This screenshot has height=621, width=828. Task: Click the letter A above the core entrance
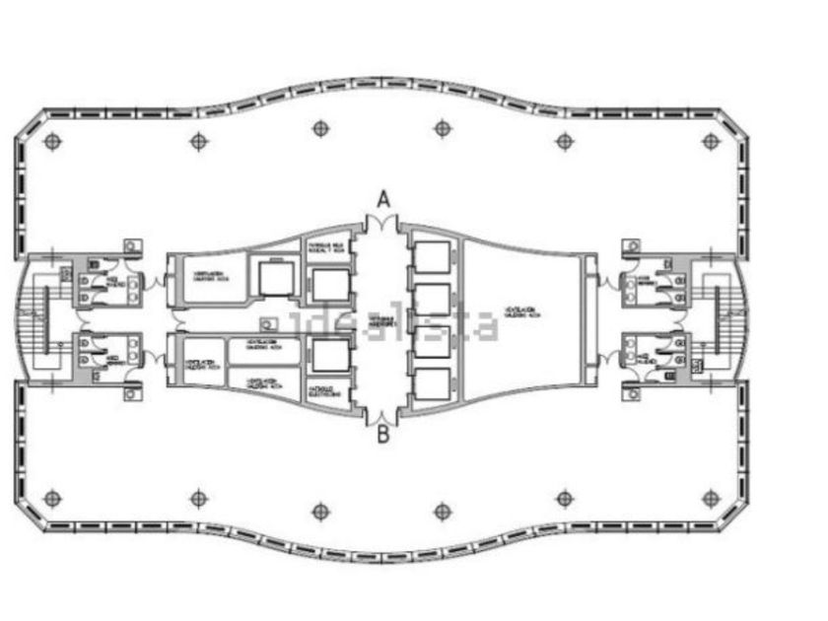(383, 199)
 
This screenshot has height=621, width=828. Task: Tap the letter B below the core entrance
(383, 435)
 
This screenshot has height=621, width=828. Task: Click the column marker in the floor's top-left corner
(52, 141)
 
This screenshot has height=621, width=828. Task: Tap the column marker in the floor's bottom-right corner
(711, 499)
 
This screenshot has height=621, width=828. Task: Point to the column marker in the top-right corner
(711, 141)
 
